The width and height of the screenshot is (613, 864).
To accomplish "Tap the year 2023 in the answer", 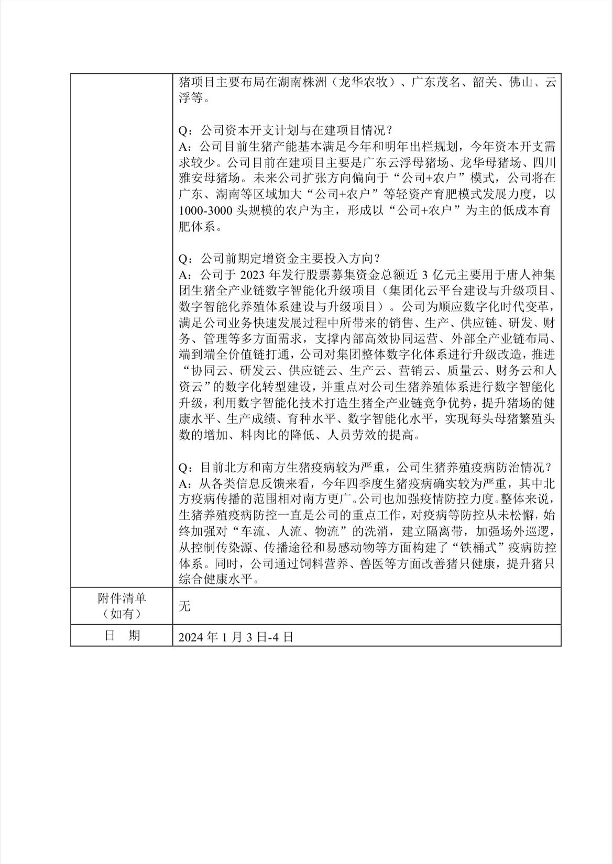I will coord(254,274).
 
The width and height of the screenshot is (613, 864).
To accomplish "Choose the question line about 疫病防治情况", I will coord(367,468).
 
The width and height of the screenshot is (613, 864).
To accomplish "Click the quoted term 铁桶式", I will coord(507,548).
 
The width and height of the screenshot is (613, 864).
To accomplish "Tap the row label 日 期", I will coord(122,636).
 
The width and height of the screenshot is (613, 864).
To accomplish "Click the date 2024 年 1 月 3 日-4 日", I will coord(235,637).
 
